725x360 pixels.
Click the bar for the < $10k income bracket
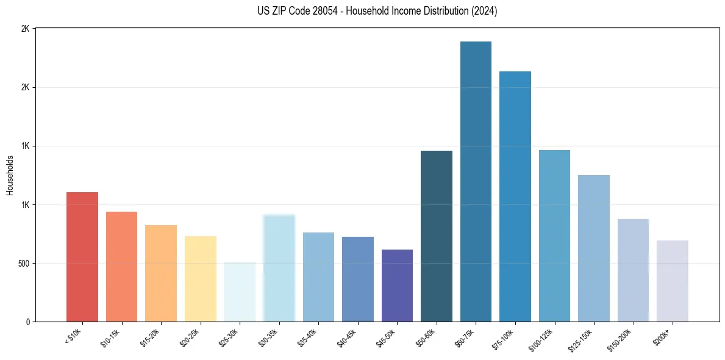coord(82,257)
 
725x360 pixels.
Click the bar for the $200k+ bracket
coord(672,281)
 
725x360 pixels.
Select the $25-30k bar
coord(240,292)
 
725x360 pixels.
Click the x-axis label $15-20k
coord(151,337)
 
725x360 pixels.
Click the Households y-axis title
coord(10,175)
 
